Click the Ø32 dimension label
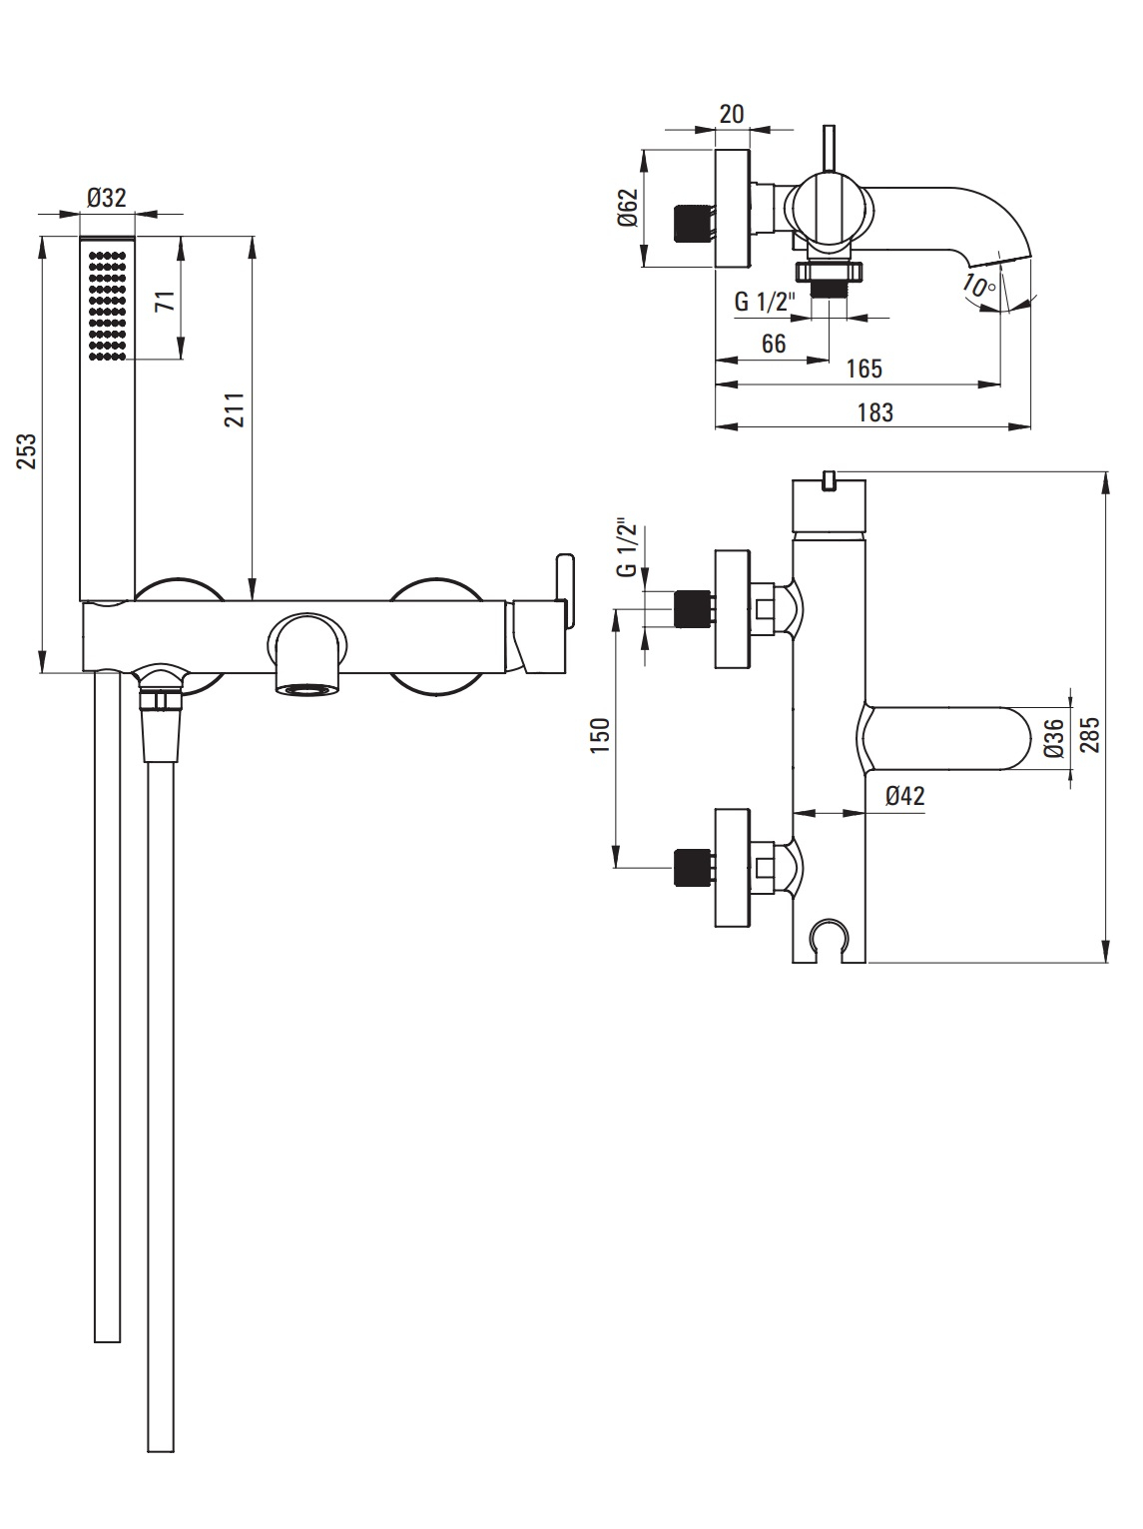pyautogui.click(x=107, y=198)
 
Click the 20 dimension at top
pyautogui.click(x=732, y=113)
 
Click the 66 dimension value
pyautogui.click(x=774, y=343)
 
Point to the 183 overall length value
pyautogui.click(x=874, y=411)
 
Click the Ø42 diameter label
pyautogui.click(x=904, y=796)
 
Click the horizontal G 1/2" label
pyautogui.click(x=764, y=301)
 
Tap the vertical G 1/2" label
pyautogui.click(x=626, y=547)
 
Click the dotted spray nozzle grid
pyautogui.click(x=108, y=305)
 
